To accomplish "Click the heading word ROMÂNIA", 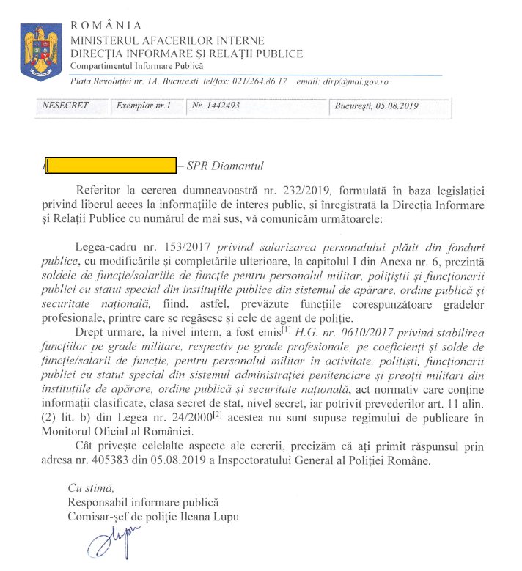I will tap(106, 26).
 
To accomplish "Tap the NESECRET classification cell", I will tap(66, 106).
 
